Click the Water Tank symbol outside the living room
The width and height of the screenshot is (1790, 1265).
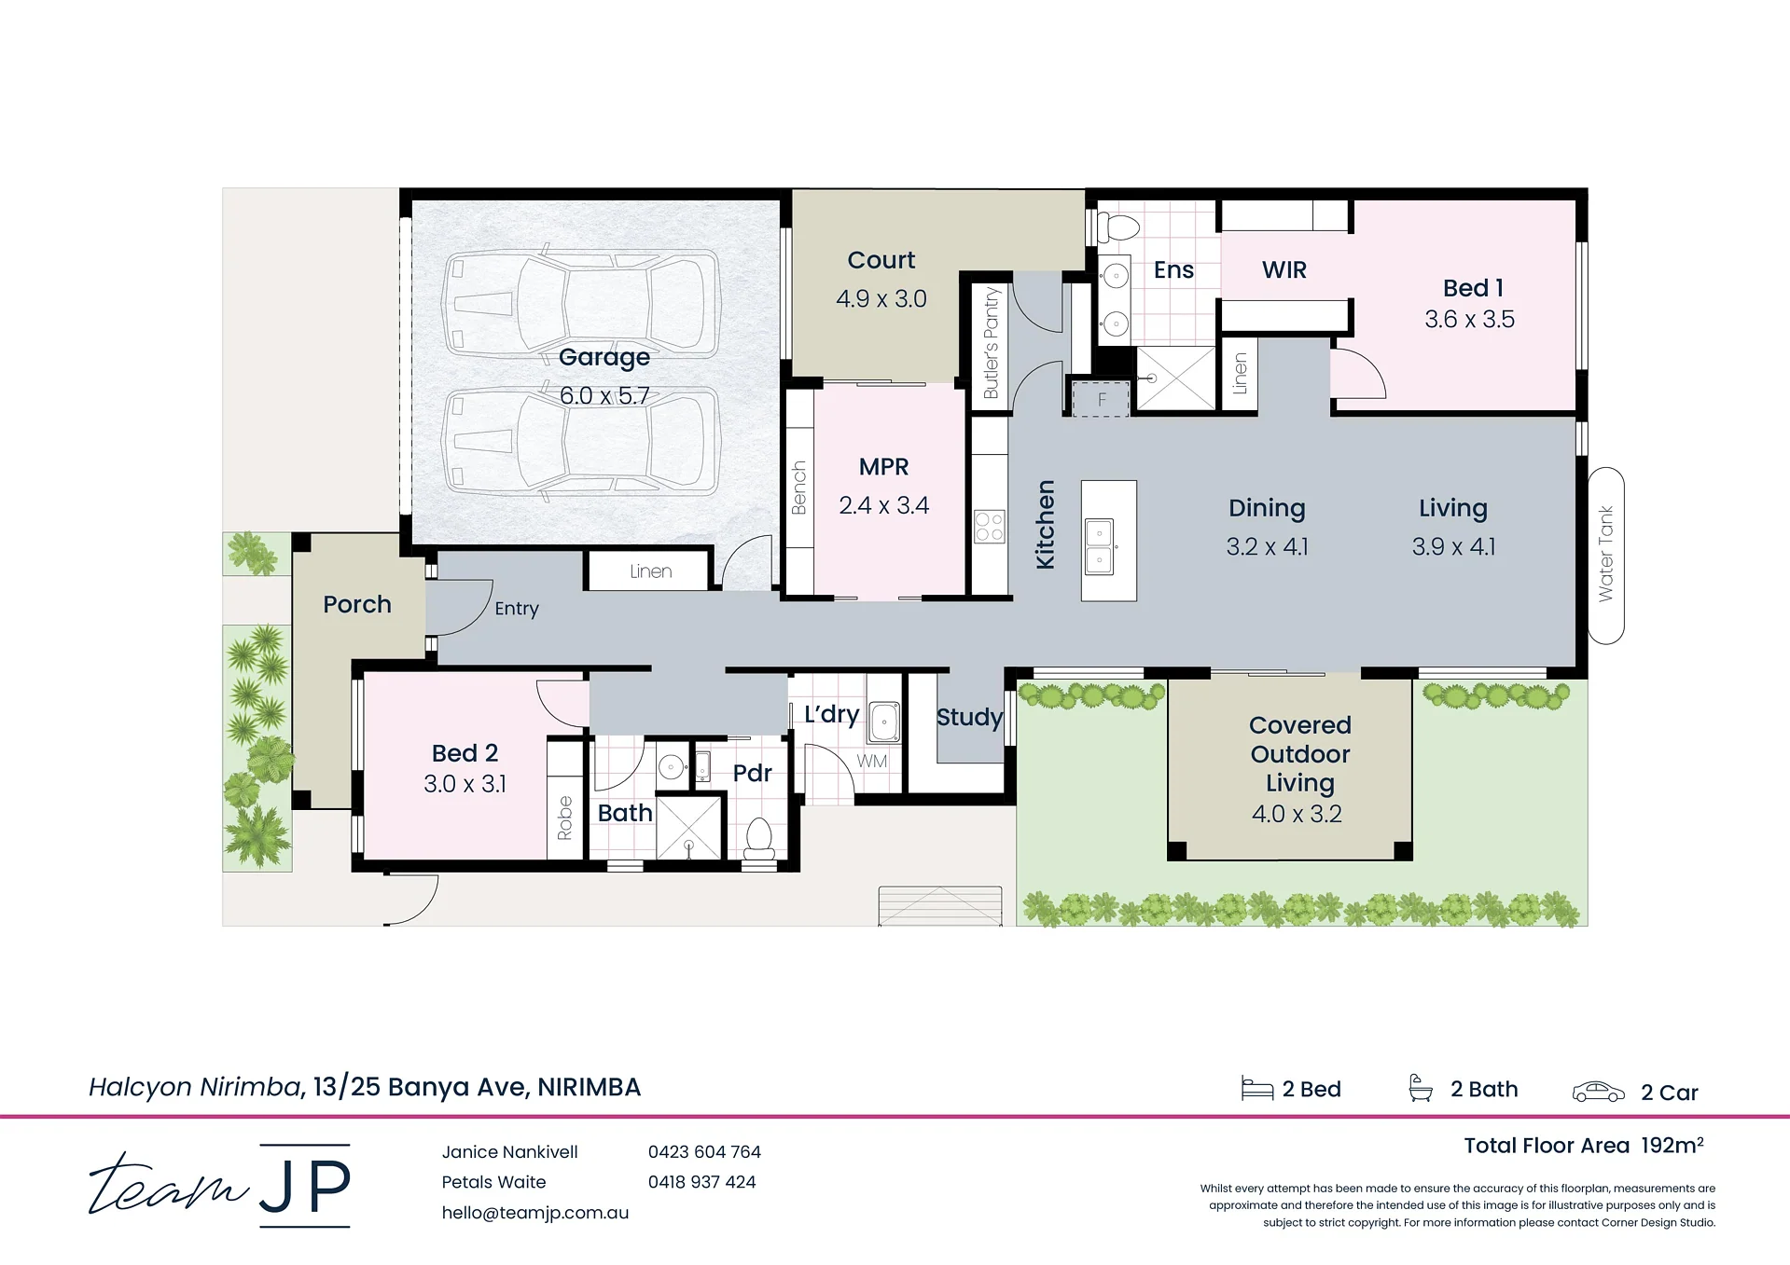click(x=1605, y=555)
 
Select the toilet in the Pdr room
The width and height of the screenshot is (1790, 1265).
click(x=759, y=838)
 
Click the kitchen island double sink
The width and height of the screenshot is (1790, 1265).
click(x=1100, y=546)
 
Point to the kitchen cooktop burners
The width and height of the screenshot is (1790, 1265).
click(x=989, y=527)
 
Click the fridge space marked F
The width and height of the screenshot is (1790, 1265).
click(x=1101, y=399)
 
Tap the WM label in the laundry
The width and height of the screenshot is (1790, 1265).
click(x=872, y=761)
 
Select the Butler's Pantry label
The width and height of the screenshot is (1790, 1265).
click(x=991, y=343)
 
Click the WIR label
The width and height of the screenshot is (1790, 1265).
click(x=1284, y=269)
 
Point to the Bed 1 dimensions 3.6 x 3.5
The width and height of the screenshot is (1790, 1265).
click(x=1469, y=319)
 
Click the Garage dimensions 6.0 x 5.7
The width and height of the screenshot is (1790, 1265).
click(x=604, y=395)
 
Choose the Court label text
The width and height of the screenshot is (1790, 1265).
click(x=881, y=260)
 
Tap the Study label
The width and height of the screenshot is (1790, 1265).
click(x=969, y=717)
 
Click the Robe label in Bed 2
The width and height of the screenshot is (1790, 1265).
click(x=564, y=818)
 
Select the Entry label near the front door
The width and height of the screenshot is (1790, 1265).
click(x=517, y=608)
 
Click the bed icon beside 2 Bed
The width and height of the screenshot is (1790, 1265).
click(x=1257, y=1088)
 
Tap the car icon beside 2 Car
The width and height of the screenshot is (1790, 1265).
click(x=1598, y=1092)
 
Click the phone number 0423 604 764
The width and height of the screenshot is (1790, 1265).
click(x=704, y=1151)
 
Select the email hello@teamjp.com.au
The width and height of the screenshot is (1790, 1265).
click(x=535, y=1213)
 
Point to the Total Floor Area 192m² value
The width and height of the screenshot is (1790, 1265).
click(x=1672, y=1145)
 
